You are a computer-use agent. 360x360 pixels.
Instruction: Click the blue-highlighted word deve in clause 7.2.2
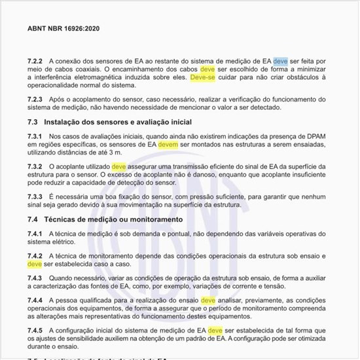(x=280, y=61)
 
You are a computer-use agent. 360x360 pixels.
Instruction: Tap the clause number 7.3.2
(x=35, y=167)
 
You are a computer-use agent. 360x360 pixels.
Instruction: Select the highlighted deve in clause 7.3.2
(x=118, y=167)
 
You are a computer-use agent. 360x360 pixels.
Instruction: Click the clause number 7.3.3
(x=35, y=196)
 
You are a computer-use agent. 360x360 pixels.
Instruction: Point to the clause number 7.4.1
(x=35, y=234)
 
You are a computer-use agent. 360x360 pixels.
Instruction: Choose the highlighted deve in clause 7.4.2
(x=34, y=264)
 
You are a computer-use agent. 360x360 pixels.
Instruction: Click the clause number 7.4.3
(x=35, y=278)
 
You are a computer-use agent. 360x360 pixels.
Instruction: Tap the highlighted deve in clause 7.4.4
(x=207, y=300)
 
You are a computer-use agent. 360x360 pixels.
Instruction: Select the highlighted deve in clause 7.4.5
(x=215, y=331)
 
